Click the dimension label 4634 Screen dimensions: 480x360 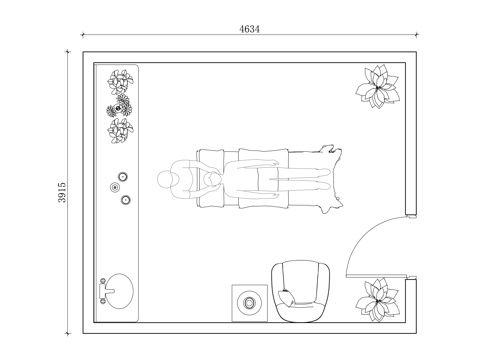click(x=249, y=29)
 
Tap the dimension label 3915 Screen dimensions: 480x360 click(x=62, y=192)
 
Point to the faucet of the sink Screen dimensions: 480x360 click(x=105, y=291)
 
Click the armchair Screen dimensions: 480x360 click(x=301, y=291)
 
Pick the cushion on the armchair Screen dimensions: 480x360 click(x=287, y=297)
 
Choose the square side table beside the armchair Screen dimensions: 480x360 click(x=250, y=303)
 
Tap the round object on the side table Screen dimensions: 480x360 click(x=249, y=303)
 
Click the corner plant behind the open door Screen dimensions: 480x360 click(x=378, y=300)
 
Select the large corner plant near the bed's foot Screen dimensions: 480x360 click(x=378, y=86)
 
